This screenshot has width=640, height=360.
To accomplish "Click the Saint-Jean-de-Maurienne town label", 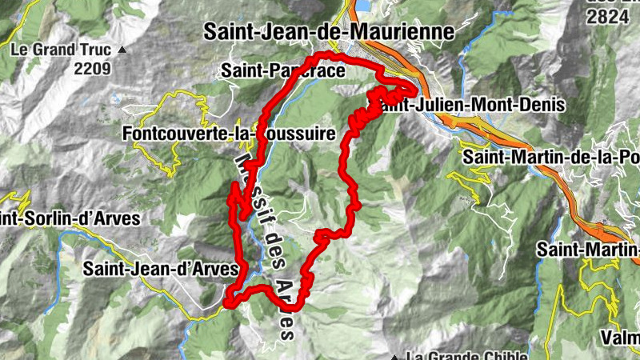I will pos(328,32).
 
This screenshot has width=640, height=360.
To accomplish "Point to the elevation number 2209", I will pos(92,69).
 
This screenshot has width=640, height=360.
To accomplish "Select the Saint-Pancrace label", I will pos(283,71).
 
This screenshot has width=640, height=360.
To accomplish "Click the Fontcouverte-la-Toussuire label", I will pos(229,134).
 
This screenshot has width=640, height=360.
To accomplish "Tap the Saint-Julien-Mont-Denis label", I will pos(472,105).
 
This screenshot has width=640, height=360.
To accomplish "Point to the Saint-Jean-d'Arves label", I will pos(160,270).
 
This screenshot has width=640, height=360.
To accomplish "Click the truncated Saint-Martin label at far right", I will pos(588,250).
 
